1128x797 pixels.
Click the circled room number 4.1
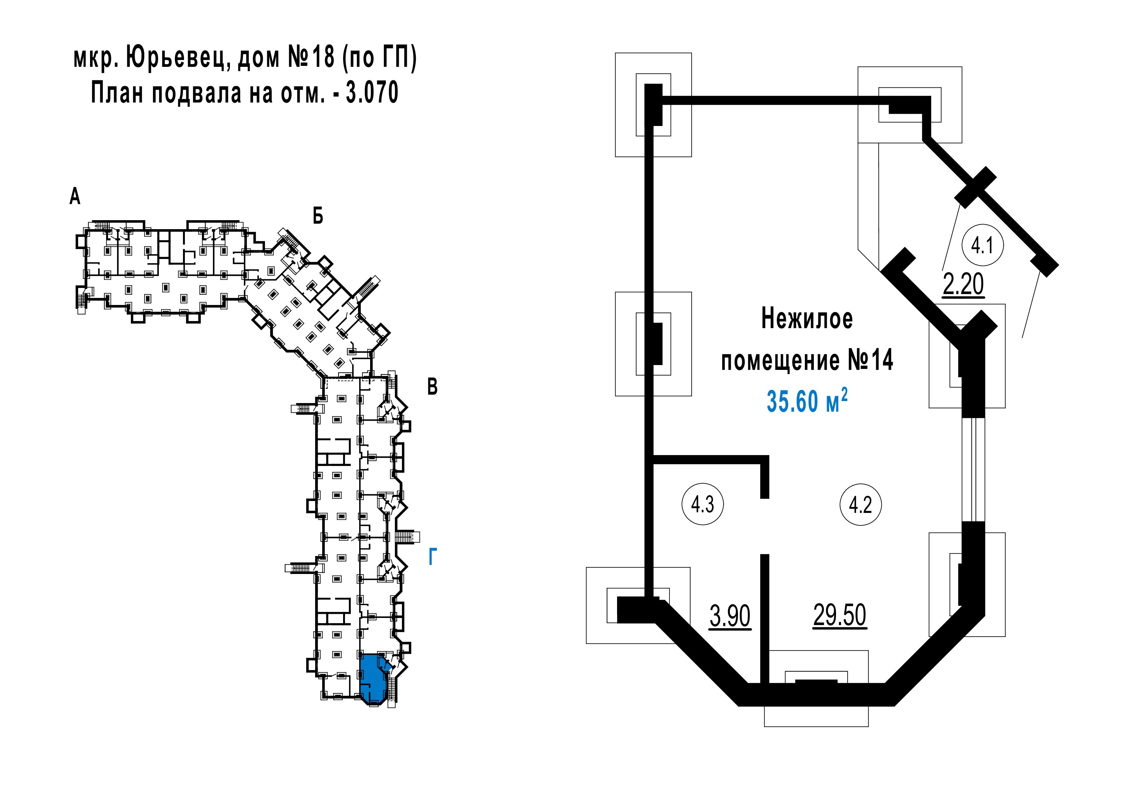[982, 245]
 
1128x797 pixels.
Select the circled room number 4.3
[703, 504]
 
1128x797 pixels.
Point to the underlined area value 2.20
[963, 284]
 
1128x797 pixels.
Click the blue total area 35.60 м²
[807, 400]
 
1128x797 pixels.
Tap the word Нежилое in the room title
[807, 319]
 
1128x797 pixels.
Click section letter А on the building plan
[75, 196]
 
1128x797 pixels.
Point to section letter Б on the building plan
[318, 216]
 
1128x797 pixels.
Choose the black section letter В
[432, 387]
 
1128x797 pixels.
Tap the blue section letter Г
[432, 556]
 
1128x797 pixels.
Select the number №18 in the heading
[311, 58]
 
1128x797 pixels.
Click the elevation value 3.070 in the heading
[372, 92]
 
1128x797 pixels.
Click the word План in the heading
[118, 92]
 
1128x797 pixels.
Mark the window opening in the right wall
[973, 469]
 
